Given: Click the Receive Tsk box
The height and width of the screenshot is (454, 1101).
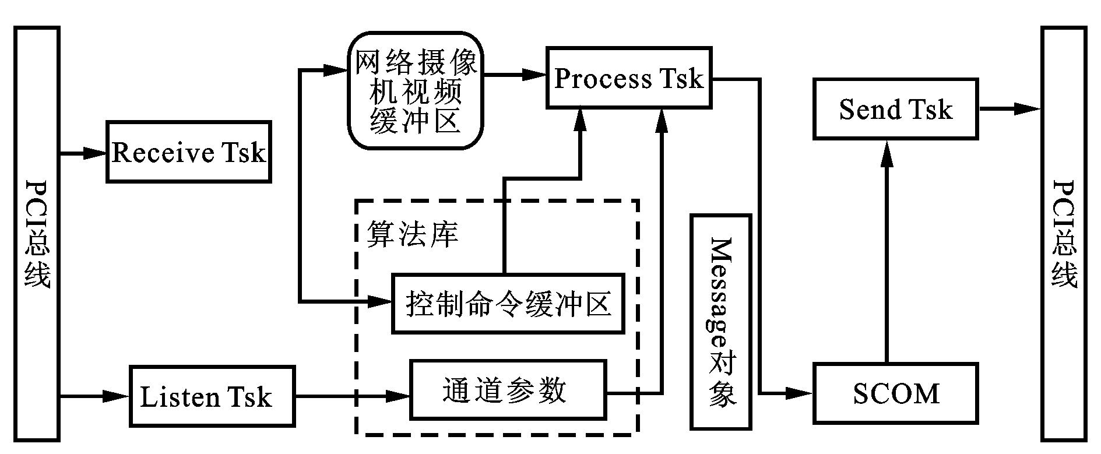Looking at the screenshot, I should [188, 152].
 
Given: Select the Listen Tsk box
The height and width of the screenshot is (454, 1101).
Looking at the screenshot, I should [212, 396].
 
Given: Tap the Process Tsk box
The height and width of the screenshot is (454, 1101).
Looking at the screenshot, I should [628, 78].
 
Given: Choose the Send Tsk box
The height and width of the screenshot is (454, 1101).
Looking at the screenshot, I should [895, 110].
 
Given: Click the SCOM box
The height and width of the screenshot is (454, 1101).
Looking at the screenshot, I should [895, 393].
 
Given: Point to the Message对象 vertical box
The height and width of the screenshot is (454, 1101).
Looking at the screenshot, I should [720, 322].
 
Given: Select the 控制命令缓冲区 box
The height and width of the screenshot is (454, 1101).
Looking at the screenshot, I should [507, 304].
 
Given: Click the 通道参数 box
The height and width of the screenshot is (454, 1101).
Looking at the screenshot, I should [508, 390].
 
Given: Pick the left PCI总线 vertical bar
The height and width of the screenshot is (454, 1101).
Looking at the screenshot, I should [38, 233].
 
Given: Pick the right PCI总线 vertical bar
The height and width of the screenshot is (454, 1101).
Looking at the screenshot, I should [1064, 233].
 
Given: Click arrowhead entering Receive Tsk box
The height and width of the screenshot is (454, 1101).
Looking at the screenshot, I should [95, 153].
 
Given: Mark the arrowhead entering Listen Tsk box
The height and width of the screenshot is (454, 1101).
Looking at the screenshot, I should [117, 396].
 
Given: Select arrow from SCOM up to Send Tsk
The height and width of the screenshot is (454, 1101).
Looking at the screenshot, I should [887, 251].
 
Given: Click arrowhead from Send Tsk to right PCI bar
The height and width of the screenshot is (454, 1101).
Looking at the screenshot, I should [1029, 108].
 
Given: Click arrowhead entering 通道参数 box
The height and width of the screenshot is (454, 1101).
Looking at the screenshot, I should [399, 396].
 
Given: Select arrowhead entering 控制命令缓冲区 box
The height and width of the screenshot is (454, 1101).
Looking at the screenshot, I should [380, 301].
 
